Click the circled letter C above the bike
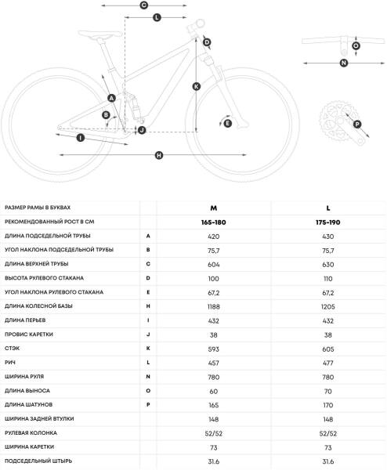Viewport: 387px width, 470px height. tap(144, 5)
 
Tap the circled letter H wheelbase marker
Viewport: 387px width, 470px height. tap(159, 155)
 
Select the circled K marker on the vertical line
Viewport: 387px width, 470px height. tap(197, 86)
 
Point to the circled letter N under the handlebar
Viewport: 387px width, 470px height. tap(344, 63)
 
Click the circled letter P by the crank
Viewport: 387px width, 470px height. tap(357, 124)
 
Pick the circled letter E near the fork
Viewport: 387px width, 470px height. tap(227, 123)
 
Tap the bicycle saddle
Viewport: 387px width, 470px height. tap(100, 34)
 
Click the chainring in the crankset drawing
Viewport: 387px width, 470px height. tap(336, 121)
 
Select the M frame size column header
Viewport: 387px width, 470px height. tap(213, 208)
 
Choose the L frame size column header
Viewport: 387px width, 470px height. tap(328, 208)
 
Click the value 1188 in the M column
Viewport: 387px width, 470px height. tap(213, 306)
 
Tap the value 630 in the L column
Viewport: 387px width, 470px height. tap(328, 265)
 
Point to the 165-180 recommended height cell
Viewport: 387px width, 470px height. tap(213, 222)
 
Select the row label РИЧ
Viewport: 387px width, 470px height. tap(10, 363)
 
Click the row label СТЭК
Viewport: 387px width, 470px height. tap(12, 349)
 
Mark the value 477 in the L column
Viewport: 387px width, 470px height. tap(328, 363)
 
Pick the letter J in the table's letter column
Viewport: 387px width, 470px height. tap(148, 334)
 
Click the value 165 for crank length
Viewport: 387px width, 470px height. tap(213, 405)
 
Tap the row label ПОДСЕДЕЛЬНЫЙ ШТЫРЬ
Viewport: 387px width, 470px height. tap(38, 461)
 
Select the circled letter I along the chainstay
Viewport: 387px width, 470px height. tap(81, 138)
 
